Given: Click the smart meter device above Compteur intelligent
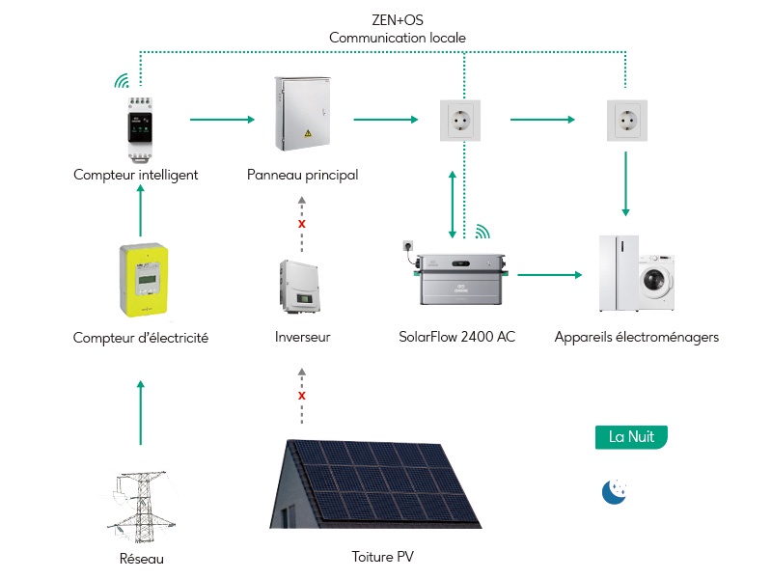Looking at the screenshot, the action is [140, 129].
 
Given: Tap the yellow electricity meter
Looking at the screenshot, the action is [144, 280].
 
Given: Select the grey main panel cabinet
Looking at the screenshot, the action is [302, 114].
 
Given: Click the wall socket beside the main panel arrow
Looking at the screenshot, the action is [460, 120].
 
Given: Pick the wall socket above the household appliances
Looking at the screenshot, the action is [626, 120].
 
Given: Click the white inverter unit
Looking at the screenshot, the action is [300, 287].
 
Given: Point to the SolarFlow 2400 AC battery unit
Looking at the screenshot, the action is [461, 278].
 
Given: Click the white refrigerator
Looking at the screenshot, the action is [619, 273].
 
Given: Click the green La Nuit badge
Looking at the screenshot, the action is [631, 437].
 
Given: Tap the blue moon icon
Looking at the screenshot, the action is [614, 492].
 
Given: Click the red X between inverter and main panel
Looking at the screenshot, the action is [302, 224].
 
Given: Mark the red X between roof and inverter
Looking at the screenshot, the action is [302, 396].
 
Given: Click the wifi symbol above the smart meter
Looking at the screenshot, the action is [122, 81].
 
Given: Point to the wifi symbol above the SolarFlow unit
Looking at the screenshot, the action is [482, 232].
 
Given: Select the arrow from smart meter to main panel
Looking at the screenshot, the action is [222, 119].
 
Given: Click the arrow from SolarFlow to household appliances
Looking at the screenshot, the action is [549, 275].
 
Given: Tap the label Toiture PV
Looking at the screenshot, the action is [382, 557].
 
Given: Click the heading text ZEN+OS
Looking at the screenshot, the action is [398, 20].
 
